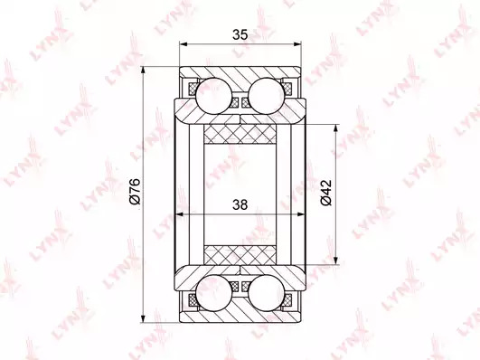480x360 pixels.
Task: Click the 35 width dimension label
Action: point(240,34)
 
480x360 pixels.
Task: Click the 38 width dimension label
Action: point(240,204)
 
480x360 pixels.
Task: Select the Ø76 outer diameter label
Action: point(135,191)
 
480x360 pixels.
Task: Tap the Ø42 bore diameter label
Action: point(325,193)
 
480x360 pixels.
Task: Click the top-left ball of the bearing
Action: point(213,95)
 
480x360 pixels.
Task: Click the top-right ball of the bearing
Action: point(266,95)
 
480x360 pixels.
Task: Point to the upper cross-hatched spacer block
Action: point(240,134)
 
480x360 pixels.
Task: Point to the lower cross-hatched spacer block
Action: point(240,254)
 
